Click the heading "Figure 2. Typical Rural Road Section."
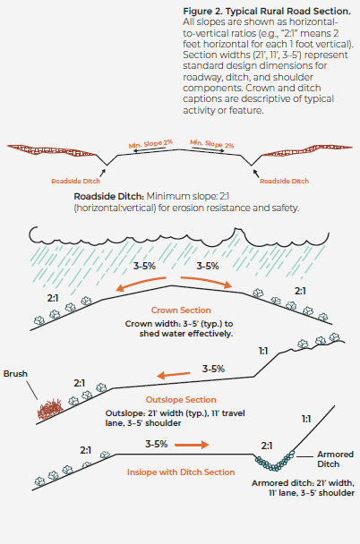pos(267,11)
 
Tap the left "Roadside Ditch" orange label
pos(76,181)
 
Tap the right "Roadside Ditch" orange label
pos(284,181)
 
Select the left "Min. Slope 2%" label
pos(150,144)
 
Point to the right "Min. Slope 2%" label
pos(211,144)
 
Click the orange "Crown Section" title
pos(181,310)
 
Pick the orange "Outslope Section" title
pos(181,400)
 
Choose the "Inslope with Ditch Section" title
pos(181,472)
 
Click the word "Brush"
pos(15,374)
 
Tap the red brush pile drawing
pos(50,409)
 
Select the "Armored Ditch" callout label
pos(335,459)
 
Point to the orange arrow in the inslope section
pos(192,445)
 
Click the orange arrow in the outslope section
pos(174,375)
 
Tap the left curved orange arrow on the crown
pos(141,282)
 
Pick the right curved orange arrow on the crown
pos(206,281)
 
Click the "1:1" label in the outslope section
pos(263,351)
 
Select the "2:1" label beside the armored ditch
pos(267,446)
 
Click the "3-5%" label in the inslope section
pos(157,444)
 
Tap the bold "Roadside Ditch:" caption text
pos(108,196)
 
